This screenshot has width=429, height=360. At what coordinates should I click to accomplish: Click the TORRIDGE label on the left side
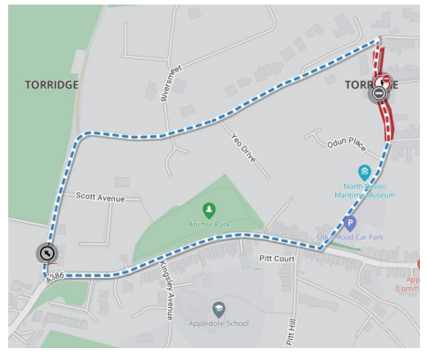click(x=51, y=84)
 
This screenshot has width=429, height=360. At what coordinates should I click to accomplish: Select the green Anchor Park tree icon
click(x=209, y=210)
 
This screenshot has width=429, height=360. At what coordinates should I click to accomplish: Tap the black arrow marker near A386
click(x=47, y=252)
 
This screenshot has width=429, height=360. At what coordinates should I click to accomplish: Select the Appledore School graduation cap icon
click(x=218, y=309)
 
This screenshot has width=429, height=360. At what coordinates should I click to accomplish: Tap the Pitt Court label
click(x=277, y=259)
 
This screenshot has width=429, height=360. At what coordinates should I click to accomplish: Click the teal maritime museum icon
click(x=363, y=172)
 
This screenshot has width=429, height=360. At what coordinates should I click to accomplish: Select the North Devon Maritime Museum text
click(x=363, y=189)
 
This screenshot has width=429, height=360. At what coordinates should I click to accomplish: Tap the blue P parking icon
click(x=350, y=222)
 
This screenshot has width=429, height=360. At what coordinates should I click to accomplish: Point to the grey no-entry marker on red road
click(x=379, y=92)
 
